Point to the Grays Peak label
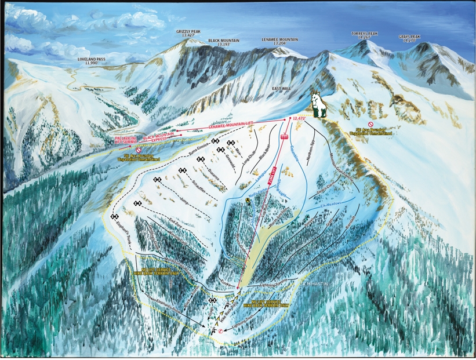point(409,38)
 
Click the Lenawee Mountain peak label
point(280,41)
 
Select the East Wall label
point(281,89)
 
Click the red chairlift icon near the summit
point(284,137)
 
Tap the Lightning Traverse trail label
point(275,285)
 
